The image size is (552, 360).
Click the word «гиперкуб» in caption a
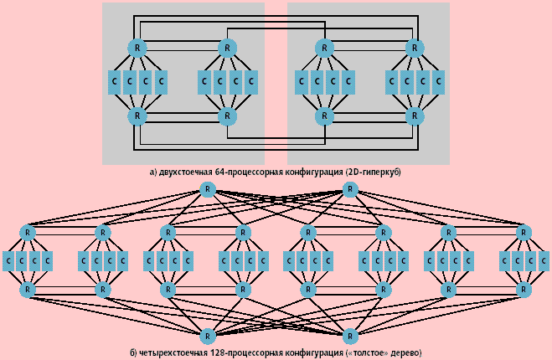[x=376, y=172]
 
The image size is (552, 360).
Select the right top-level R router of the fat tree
[x=352, y=189]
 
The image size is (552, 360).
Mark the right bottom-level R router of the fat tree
[x=352, y=336]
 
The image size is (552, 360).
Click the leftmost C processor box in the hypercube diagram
[x=114, y=82]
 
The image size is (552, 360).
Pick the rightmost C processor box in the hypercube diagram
[x=437, y=82]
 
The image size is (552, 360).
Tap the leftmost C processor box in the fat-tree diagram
[x=8, y=261]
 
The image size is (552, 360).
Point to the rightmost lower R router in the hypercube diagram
[x=413, y=116]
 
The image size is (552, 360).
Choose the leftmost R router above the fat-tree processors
[x=28, y=232]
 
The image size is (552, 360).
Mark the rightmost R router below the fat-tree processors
[x=525, y=290]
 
